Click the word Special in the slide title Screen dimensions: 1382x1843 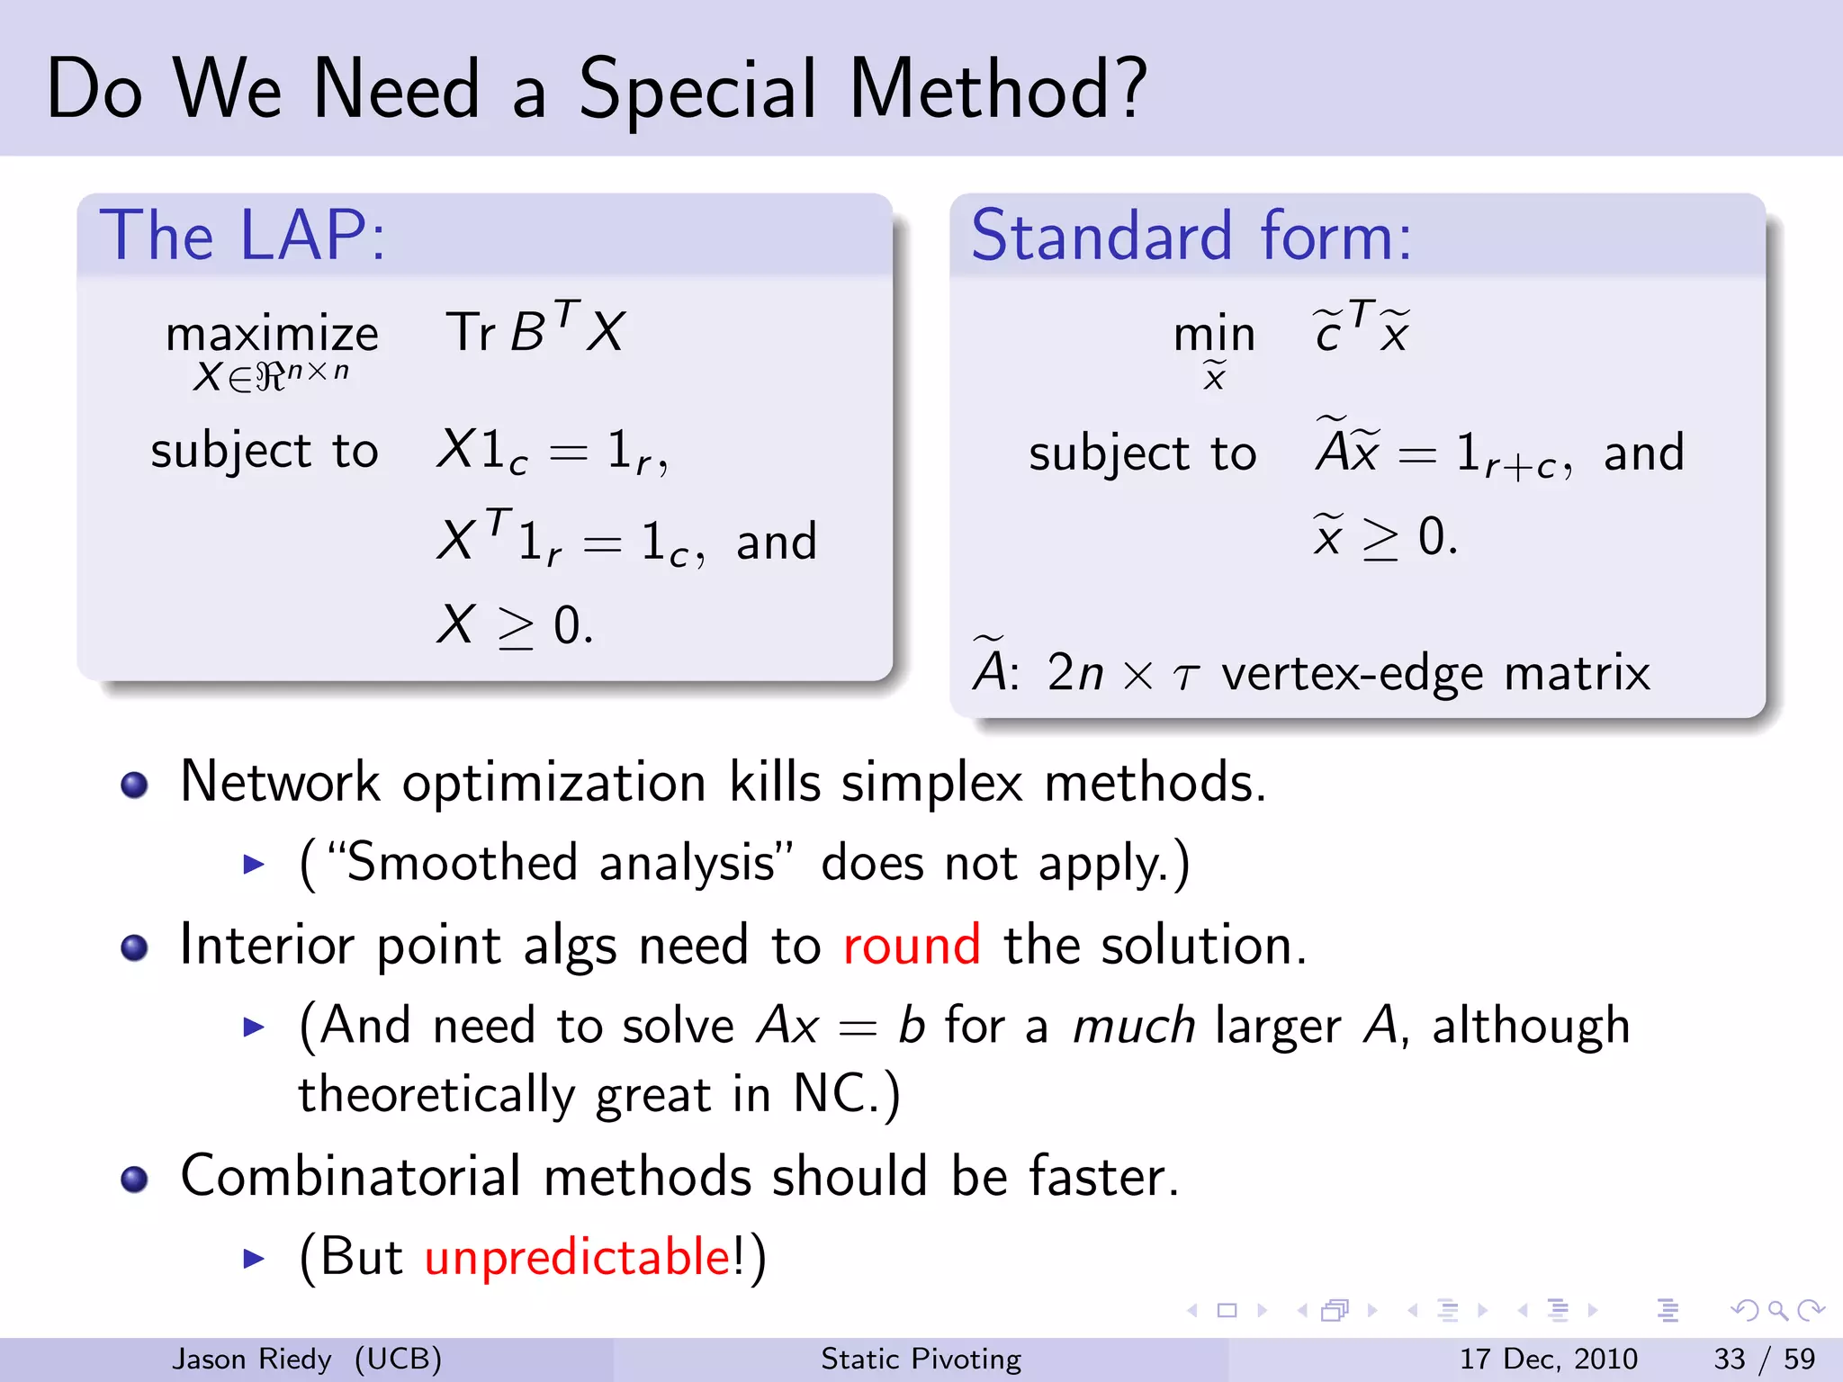(x=697, y=90)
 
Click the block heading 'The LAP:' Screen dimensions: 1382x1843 (x=243, y=236)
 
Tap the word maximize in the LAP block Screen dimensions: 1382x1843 (x=272, y=335)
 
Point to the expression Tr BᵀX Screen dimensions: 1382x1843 (x=535, y=330)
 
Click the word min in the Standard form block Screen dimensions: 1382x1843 (x=1214, y=335)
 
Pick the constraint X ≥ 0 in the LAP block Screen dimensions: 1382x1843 (x=515, y=624)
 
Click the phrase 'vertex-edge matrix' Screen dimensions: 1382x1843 (x=1435, y=673)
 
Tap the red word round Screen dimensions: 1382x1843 (x=911, y=946)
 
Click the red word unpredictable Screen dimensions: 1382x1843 (x=578, y=1256)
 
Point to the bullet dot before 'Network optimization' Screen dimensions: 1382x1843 (x=134, y=785)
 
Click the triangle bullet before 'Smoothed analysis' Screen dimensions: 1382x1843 (x=254, y=865)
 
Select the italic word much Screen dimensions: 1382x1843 (x=1133, y=1026)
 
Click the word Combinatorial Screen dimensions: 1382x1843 (x=351, y=1176)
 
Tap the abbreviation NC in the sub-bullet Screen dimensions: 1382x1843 (x=829, y=1094)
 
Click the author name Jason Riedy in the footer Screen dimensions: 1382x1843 (x=251, y=1359)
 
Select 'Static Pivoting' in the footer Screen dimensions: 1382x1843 (x=921, y=1359)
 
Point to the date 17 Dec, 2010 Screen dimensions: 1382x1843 (x=1547, y=1359)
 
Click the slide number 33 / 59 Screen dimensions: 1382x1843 (x=1764, y=1359)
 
